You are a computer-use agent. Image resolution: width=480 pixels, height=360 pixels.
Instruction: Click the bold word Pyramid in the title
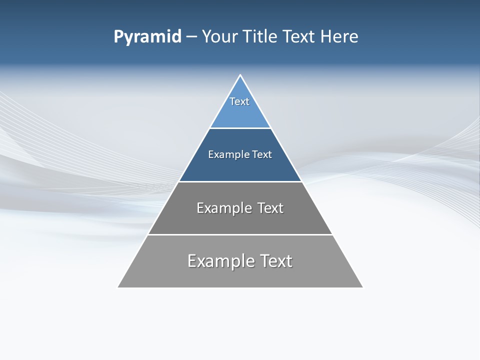click(147, 37)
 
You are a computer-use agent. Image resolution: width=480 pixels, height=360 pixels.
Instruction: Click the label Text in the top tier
click(239, 101)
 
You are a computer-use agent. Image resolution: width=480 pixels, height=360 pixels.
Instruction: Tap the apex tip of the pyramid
click(240, 76)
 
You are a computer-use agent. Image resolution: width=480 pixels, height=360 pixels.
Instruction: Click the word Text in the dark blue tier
click(262, 154)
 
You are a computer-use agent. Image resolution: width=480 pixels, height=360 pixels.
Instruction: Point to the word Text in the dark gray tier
click(270, 208)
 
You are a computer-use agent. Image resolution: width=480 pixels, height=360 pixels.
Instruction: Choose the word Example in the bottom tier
click(218, 261)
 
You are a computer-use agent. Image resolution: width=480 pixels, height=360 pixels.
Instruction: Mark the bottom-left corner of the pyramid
click(118, 287)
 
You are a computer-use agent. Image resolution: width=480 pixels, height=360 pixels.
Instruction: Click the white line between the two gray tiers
click(240, 234)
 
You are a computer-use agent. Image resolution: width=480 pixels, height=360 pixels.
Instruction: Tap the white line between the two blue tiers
click(240, 128)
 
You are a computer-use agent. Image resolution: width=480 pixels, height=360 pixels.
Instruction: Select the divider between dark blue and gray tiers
click(240, 181)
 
